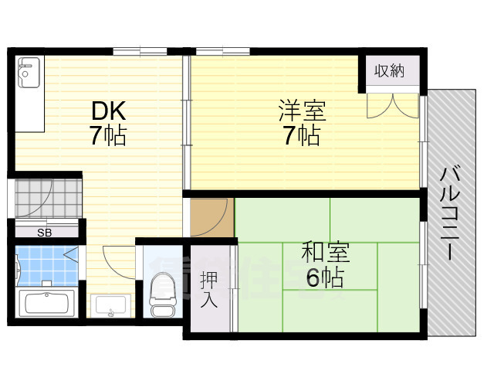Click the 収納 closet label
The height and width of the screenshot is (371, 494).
tap(390, 71)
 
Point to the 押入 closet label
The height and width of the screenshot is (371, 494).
tap(208, 288)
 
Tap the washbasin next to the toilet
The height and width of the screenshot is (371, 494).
tap(112, 306)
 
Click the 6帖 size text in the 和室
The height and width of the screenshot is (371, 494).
tap(324, 277)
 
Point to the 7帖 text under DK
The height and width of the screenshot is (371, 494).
tap(107, 136)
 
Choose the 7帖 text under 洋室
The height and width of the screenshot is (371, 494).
tap(302, 136)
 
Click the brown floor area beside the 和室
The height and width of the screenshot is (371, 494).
tap(210, 217)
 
